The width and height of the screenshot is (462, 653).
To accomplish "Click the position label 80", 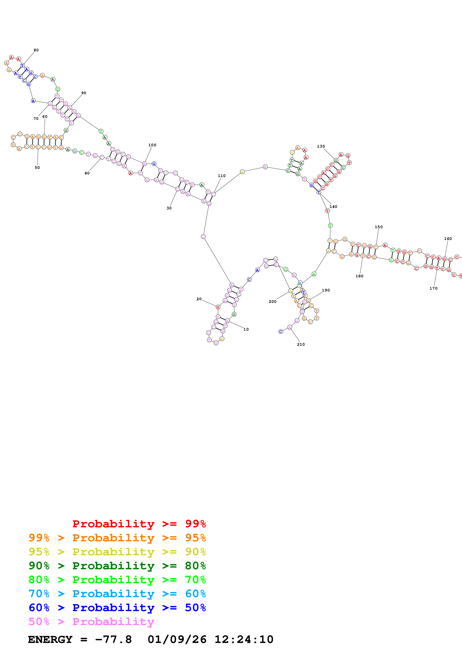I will point(36,50).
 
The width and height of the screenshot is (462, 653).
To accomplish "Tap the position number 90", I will point(84,93).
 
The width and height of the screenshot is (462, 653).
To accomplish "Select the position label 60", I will point(45,117).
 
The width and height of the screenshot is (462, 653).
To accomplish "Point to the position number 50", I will point(37,168).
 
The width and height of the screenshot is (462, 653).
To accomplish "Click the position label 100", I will point(152,145).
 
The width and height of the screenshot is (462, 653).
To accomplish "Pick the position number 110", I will point(222,176).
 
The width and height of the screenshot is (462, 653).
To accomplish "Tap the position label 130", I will point(321,146).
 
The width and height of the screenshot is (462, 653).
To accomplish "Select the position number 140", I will point(333,207).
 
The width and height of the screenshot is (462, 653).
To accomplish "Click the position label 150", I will point(379,227).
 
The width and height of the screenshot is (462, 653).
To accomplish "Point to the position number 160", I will point(448,239).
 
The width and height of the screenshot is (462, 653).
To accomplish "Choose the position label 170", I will point(433,288).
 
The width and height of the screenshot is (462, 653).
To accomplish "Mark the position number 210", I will point(301,344).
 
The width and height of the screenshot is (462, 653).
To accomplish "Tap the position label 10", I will point(246,329).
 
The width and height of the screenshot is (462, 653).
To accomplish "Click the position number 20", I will point(199,299).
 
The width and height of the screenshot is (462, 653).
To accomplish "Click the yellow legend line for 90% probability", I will point(117,552).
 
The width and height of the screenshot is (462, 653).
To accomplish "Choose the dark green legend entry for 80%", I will point(117,566).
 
